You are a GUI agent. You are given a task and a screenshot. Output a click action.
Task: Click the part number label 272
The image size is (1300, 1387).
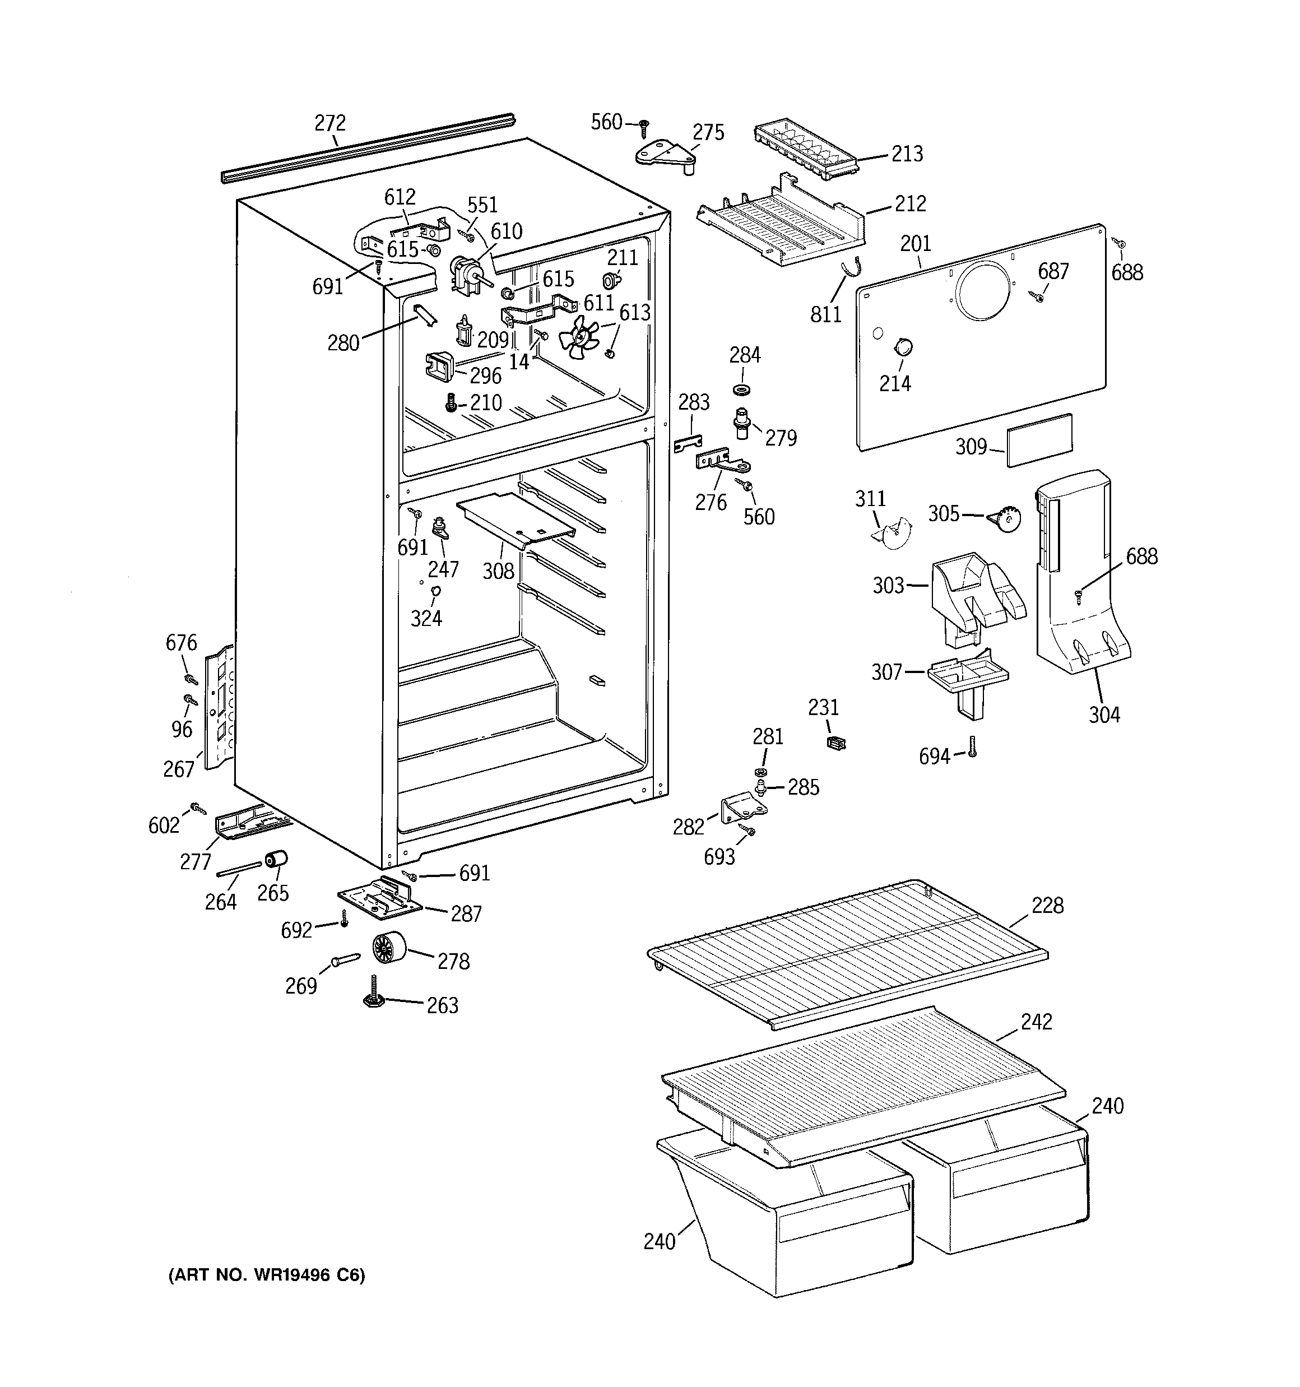[x=330, y=123]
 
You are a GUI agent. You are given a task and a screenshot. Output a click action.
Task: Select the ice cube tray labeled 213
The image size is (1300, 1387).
[x=803, y=151]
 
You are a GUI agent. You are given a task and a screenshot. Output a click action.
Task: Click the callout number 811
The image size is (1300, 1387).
[x=826, y=314]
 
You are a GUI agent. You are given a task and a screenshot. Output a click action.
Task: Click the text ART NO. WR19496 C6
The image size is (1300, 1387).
[x=267, y=1275]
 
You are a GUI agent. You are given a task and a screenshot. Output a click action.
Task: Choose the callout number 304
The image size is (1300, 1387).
[x=1104, y=715]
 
